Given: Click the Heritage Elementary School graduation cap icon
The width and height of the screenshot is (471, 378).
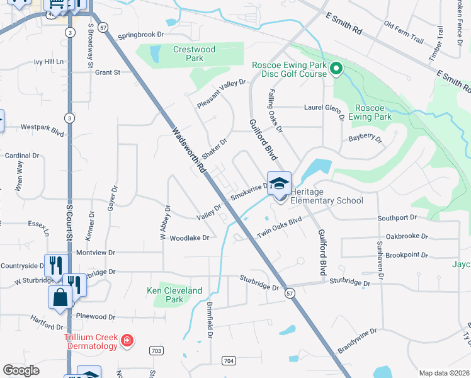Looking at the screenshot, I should coord(279,183).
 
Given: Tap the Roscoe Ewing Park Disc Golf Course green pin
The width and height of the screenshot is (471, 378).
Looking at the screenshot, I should coord(336,69).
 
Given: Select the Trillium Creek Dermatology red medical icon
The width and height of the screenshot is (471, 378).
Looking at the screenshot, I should coord(127,341).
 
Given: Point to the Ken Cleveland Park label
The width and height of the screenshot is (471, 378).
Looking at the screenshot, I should coord(174,295).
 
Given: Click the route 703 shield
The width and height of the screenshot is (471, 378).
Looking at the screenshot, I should coord(157,350).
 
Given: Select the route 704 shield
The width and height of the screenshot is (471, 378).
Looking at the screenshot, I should coord(229,360).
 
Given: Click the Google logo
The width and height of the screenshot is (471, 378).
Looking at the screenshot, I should coord(21,370).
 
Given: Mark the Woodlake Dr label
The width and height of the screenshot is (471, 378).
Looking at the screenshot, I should coord(189,238).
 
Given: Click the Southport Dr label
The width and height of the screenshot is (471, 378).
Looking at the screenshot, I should coord(397,217).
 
